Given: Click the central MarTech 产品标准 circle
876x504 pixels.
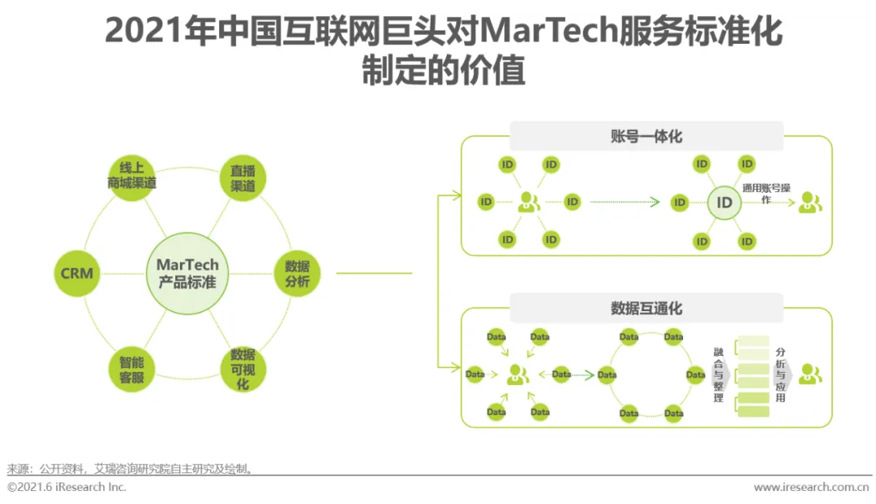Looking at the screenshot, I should pos(187,274).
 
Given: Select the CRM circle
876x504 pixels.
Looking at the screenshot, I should pos(77,274).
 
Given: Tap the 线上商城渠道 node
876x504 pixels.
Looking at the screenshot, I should pos(131,175).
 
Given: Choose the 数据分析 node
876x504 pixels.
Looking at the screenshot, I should pos(297,274).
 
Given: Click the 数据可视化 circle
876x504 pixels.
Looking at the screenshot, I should pos(243,369).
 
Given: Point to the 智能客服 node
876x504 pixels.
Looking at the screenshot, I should pos(131,369).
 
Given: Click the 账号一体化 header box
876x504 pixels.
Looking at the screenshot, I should pos(646,136).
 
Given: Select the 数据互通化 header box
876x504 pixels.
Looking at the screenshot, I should pos(646,308).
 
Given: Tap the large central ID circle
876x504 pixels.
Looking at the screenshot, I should pos(724,203).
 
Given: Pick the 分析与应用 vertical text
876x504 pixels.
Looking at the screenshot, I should pos(780,375).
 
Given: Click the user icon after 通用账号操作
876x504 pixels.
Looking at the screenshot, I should pos(809,203).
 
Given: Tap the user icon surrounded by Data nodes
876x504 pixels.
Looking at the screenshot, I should pos(517,374).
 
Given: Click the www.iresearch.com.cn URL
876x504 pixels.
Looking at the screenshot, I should pos(811,488).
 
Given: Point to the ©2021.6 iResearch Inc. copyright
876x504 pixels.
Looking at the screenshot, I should pos(67,488).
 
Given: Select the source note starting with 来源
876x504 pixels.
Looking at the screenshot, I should pos(130,469).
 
